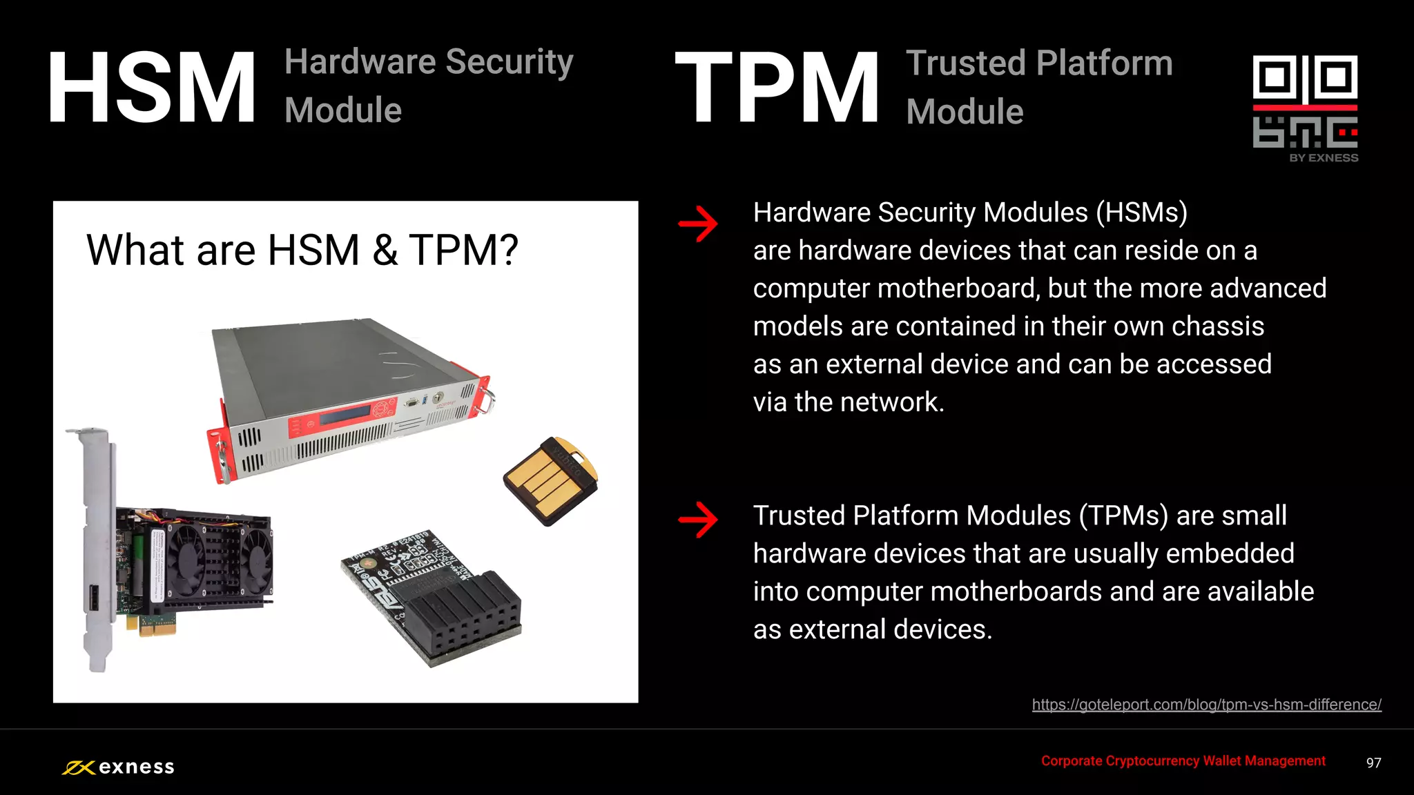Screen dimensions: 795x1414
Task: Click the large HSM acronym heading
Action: tap(152, 88)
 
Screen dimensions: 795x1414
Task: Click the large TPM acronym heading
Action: tap(777, 88)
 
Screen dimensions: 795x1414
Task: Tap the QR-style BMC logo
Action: tap(1305, 102)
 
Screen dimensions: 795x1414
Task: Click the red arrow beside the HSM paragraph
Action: tap(698, 224)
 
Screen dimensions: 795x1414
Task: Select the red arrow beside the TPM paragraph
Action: tap(698, 519)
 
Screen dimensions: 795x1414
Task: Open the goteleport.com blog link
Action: tap(1206, 705)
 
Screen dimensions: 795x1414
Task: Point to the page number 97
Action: tap(1373, 763)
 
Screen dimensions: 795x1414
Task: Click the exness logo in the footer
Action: tap(118, 767)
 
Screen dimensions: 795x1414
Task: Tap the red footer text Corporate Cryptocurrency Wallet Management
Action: tap(1183, 760)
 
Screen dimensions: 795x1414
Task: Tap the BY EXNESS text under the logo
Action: tap(1324, 158)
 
